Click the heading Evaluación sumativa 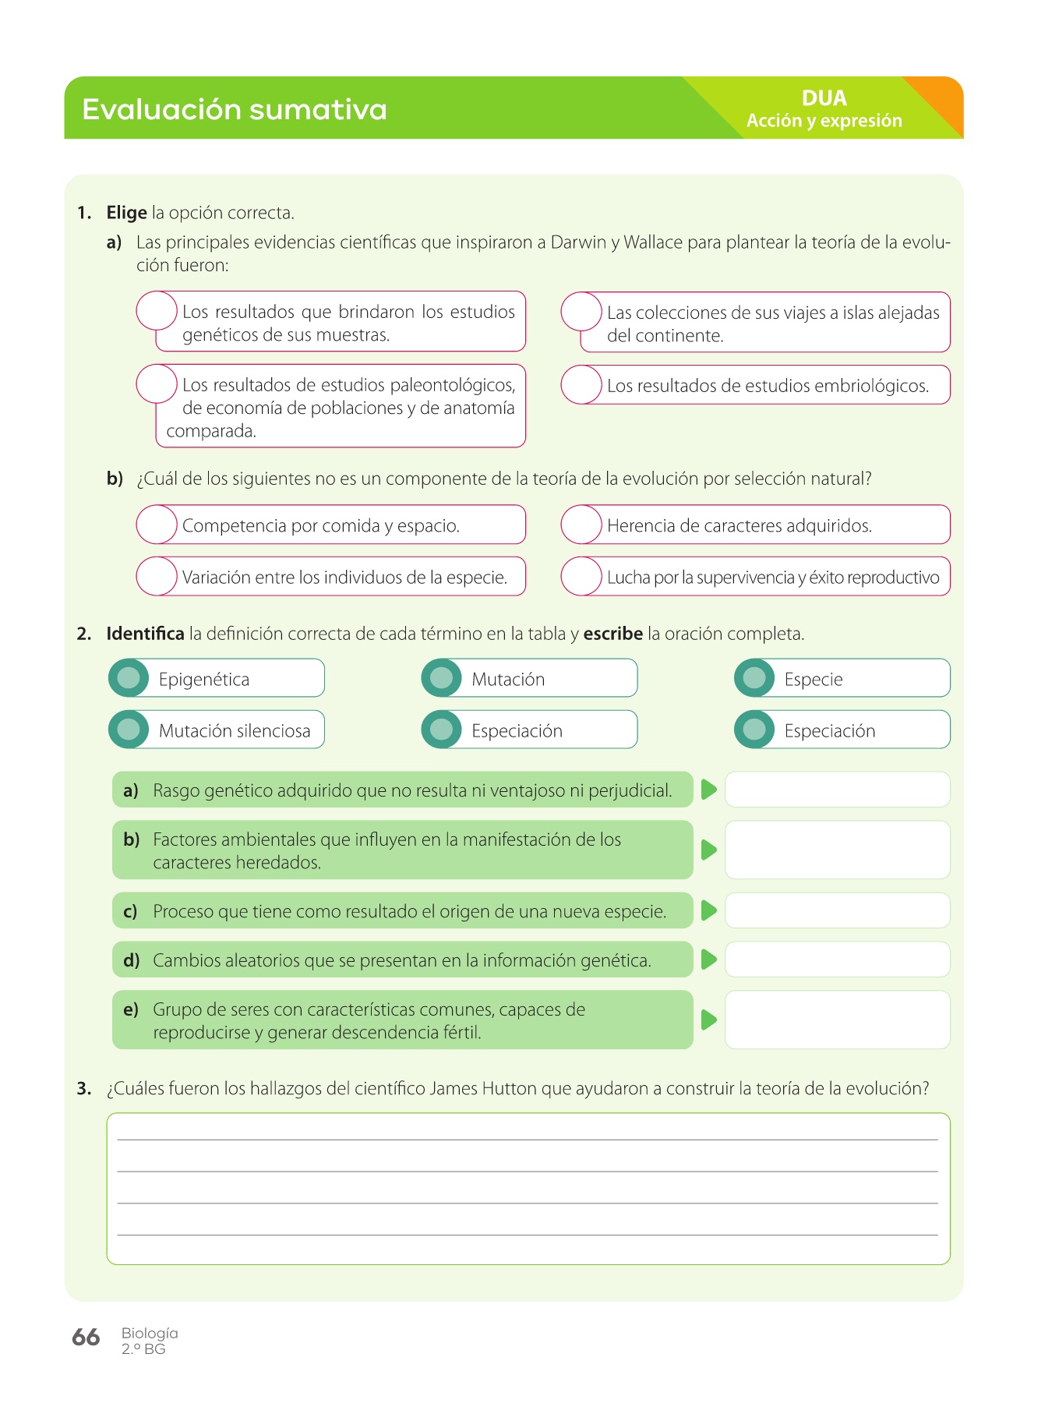[x=234, y=109]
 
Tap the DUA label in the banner [x=824, y=98]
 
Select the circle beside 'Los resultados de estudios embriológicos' [x=581, y=385]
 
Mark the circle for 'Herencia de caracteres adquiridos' [x=581, y=525]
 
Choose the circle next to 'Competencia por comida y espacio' [x=157, y=525]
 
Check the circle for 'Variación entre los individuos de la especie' [x=157, y=576]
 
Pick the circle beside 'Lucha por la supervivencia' [x=581, y=576]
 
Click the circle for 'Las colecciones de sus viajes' [x=581, y=312]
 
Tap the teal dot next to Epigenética [x=129, y=678]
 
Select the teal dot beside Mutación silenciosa [x=129, y=730]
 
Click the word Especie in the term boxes [x=814, y=679]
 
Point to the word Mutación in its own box [x=508, y=679]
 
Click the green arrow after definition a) [x=708, y=790]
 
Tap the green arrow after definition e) [x=708, y=1020]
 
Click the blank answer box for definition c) [x=837, y=910]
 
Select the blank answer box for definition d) [x=837, y=959]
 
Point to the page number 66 [x=86, y=1338]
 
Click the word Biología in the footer [x=150, y=1333]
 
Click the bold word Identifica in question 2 [x=145, y=634]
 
